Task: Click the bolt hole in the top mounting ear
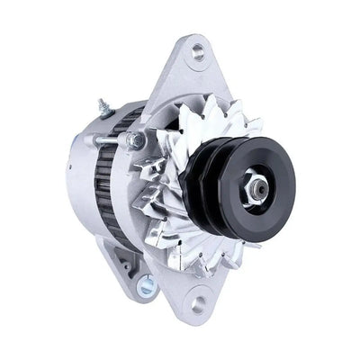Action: coord(196,56)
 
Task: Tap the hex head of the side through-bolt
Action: coord(135,140)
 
